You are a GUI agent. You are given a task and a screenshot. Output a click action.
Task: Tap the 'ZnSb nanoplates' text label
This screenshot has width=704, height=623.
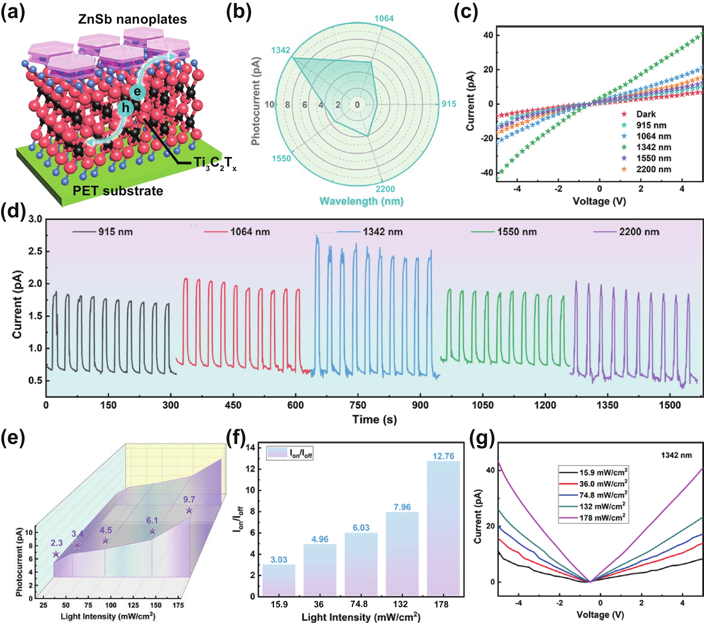click(132, 19)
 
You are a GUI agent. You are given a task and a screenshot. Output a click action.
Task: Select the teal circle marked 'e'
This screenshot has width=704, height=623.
click(137, 91)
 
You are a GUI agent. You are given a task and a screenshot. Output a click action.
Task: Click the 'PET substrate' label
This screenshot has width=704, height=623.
click(118, 191)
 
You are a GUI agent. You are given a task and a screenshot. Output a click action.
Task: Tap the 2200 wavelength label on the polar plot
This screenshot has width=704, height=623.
click(385, 189)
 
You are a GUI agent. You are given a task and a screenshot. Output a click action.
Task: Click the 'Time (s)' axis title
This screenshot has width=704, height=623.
click(374, 419)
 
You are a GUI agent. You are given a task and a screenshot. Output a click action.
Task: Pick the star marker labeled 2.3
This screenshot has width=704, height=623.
click(56, 554)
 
